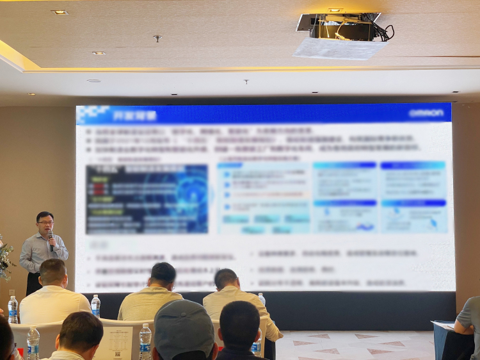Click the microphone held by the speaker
pos(51,238)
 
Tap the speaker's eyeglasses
pos(45,223)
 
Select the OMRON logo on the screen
pos(426,113)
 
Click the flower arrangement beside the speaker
pos(5,259)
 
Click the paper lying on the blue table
pos(443,325)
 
